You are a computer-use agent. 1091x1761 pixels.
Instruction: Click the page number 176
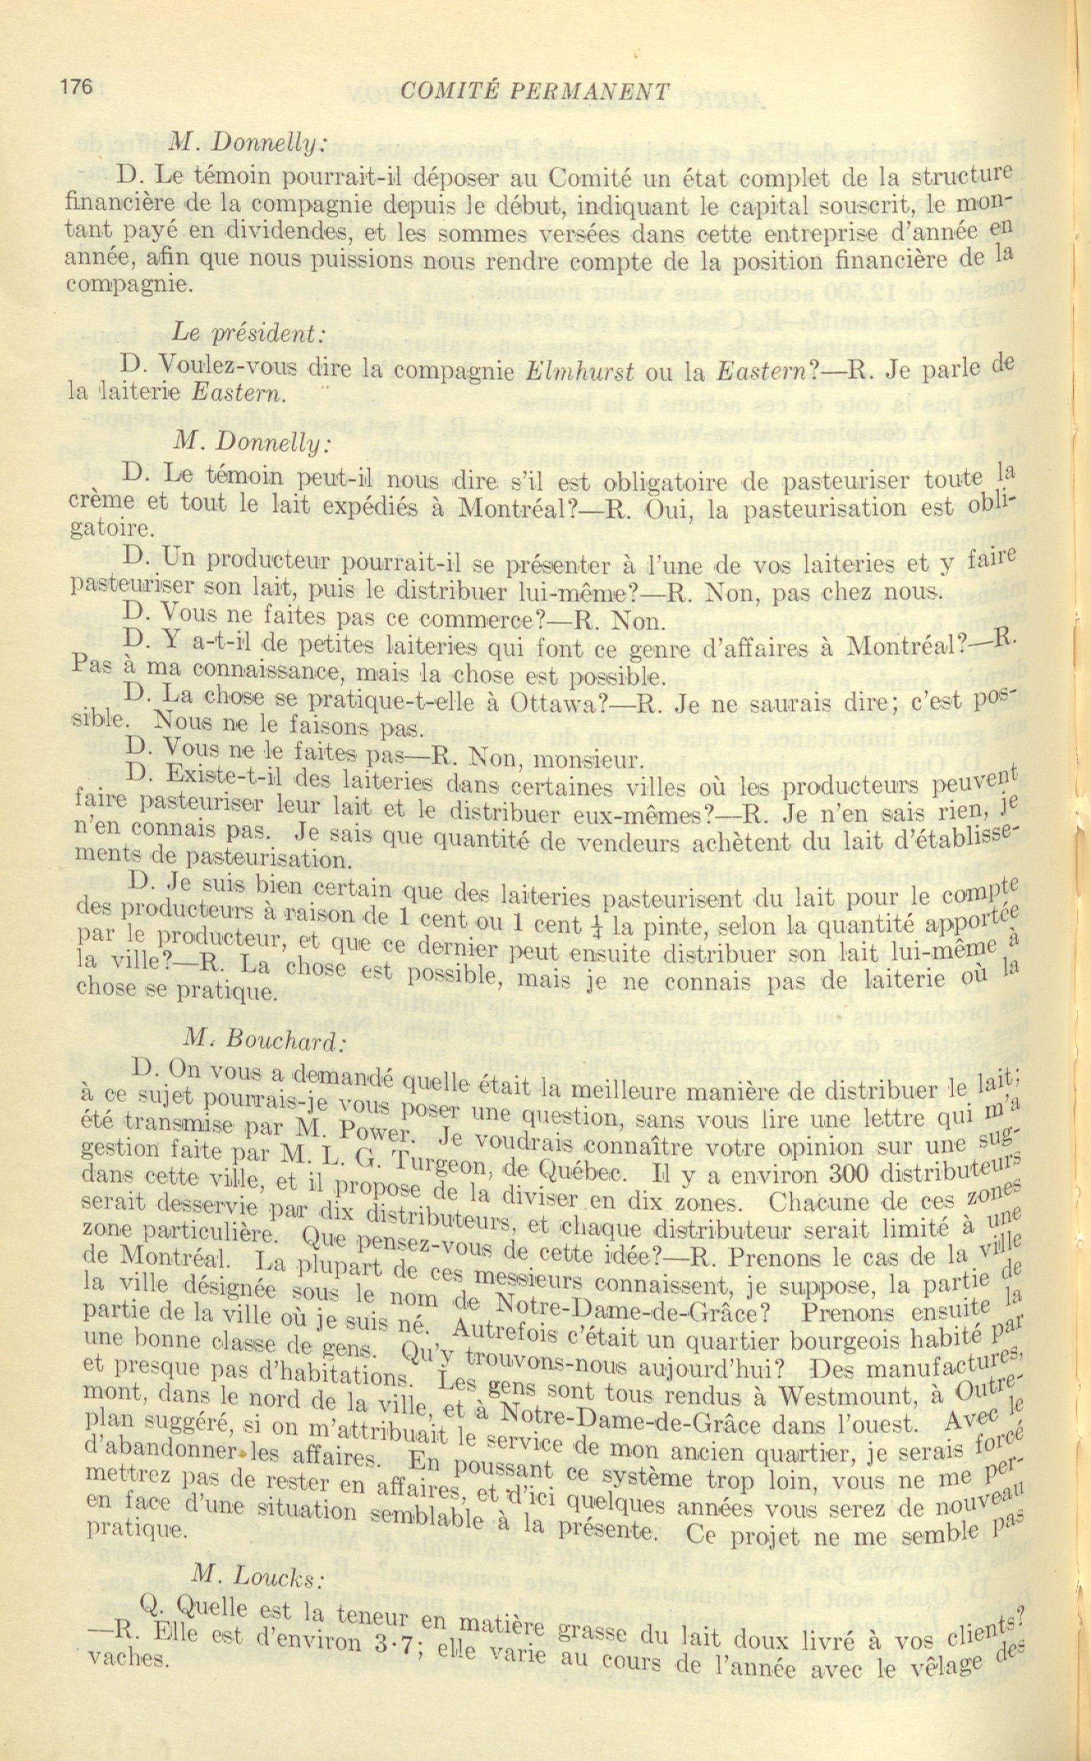coord(77,88)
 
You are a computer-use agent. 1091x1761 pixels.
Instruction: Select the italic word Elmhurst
coord(580,370)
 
